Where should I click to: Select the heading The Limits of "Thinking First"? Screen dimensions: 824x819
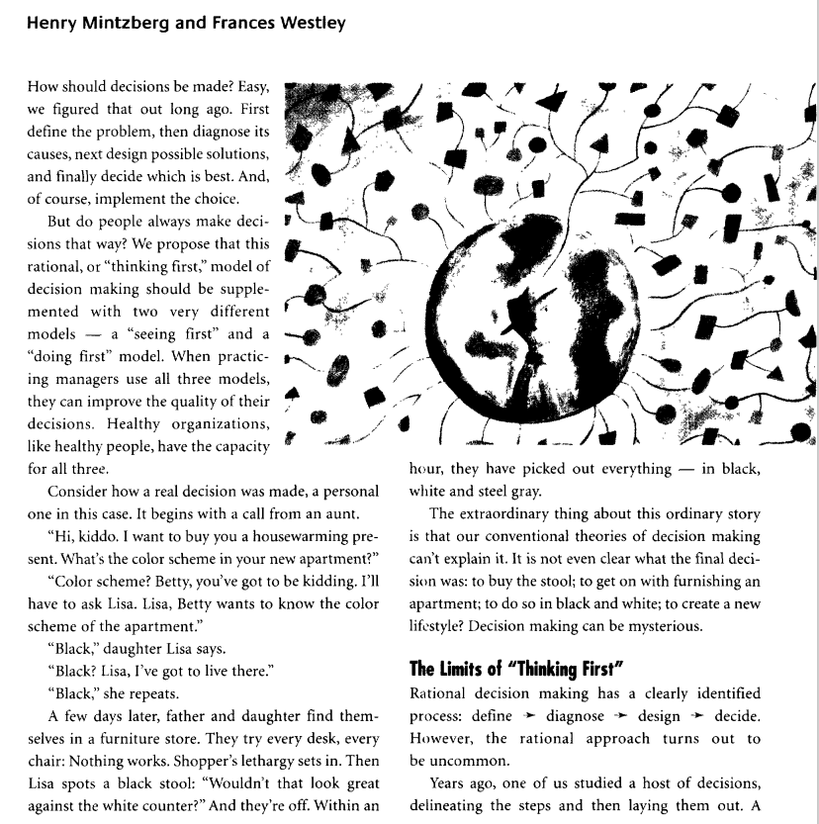point(507,664)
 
